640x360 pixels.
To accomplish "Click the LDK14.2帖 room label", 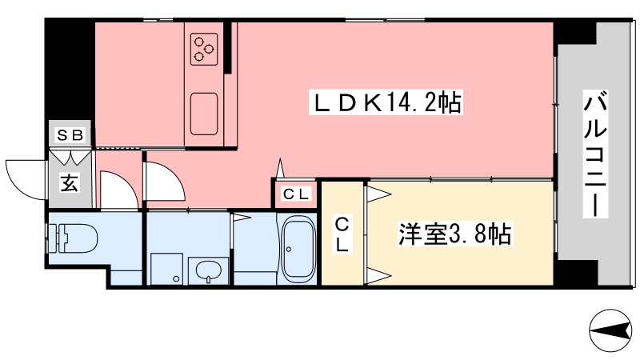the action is click(x=386, y=102).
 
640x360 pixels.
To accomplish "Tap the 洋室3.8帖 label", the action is click(x=454, y=234).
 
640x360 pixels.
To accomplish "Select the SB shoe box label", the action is click(x=70, y=134).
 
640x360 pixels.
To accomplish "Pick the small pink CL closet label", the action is click(x=296, y=194).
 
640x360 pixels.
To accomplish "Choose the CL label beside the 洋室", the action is click(x=342, y=234).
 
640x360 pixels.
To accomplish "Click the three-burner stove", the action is click(x=204, y=50).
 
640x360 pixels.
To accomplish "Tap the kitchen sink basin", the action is click(x=204, y=114).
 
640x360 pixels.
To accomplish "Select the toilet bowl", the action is click(x=73, y=238).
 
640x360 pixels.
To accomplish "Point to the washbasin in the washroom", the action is click(x=209, y=270).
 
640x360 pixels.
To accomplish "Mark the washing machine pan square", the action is click(x=166, y=269).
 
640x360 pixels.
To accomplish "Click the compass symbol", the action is click(x=610, y=330).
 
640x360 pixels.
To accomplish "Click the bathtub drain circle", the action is click(x=289, y=249).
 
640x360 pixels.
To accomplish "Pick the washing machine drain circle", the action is click(x=176, y=278).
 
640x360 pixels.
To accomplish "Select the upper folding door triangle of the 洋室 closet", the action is click(x=378, y=194).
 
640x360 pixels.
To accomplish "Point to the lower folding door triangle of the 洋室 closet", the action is click(x=378, y=276).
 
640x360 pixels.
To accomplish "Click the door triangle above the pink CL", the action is click(x=281, y=168).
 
